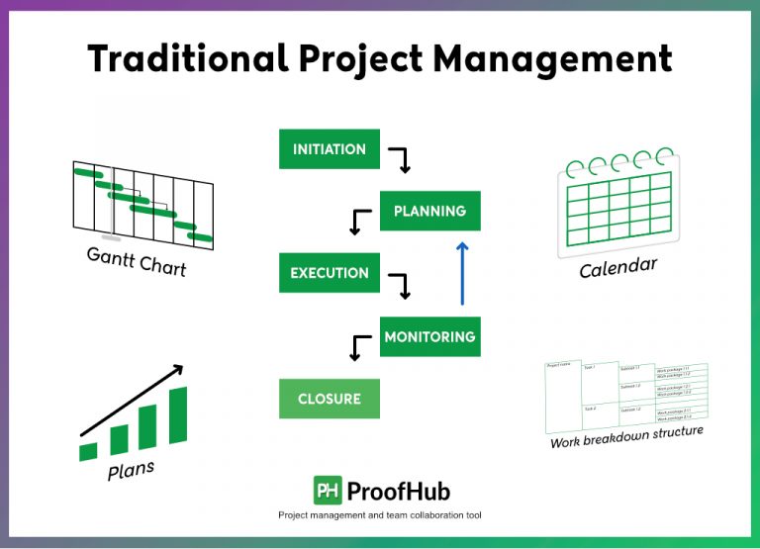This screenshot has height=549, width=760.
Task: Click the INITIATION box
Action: (x=330, y=149)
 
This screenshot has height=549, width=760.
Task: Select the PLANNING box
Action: (x=429, y=211)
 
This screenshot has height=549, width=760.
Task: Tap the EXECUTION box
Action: (x=330, y=273)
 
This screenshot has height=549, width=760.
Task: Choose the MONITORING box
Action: (x=429, y=336)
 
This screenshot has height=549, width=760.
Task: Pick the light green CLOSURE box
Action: (x=330, y=399)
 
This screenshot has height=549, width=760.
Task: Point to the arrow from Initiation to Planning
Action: (x=399, y=158)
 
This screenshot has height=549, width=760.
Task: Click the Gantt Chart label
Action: (x=136, y=261)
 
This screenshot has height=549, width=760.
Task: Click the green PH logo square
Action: (x=328, y=490)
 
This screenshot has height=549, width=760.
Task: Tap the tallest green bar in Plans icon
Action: (x=178, y=414)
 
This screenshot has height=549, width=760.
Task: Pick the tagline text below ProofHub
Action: (x=380, y=515)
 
